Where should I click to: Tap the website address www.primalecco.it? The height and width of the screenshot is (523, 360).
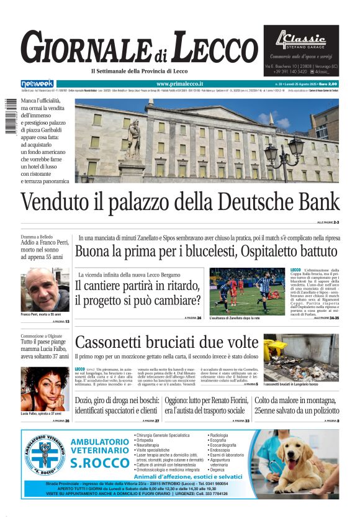179,84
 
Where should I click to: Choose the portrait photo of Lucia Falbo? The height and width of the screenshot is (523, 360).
45,388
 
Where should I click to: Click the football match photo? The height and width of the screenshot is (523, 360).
247,291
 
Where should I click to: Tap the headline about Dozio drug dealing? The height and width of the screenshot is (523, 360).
115,406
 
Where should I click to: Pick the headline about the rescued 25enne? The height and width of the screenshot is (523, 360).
296,406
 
